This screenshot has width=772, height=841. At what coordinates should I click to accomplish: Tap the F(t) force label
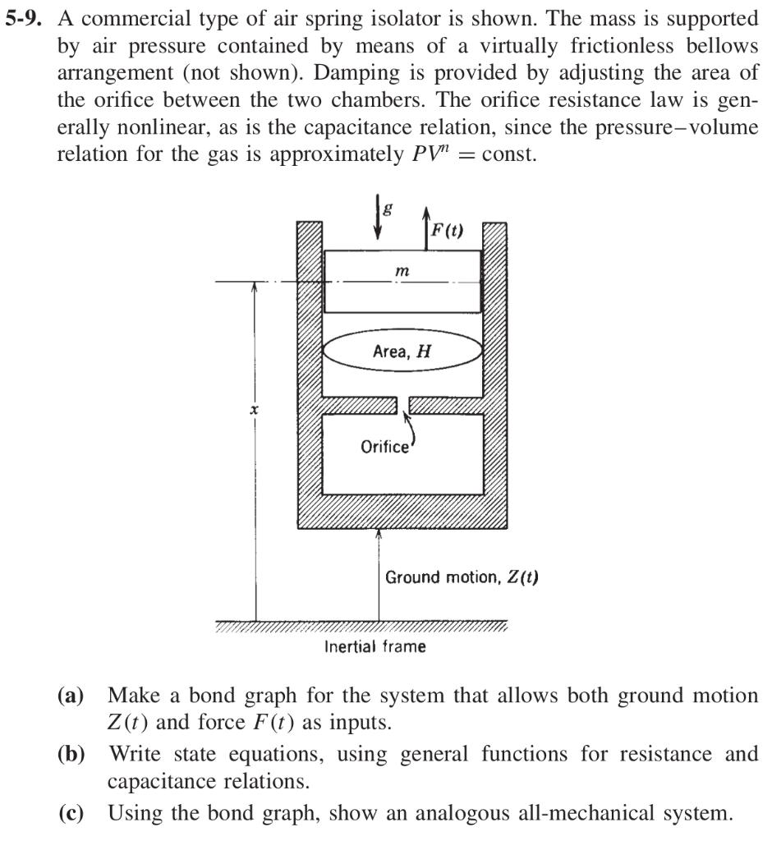point(447,231)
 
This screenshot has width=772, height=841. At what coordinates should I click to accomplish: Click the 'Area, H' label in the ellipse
point(401,352)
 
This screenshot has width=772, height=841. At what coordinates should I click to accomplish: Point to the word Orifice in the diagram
point(384,447)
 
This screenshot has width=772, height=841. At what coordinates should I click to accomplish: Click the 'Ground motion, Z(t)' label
point(462,577)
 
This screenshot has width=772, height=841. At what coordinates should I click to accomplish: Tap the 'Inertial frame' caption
point(375,646)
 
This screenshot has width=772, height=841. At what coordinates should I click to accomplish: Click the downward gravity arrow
point(377,218)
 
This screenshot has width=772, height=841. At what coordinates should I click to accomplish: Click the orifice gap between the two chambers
point(402,404)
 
